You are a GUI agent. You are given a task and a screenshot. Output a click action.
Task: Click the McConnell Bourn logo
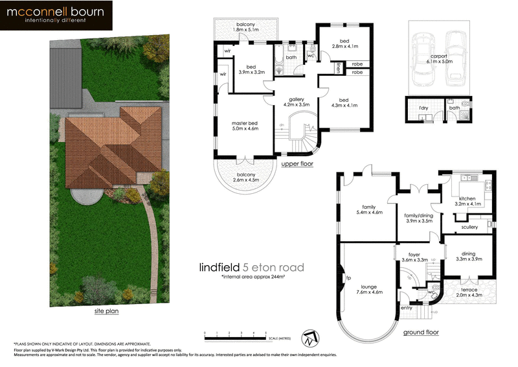[x=56, y=16]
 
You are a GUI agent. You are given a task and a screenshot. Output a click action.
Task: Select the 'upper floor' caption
[x=297, y=164]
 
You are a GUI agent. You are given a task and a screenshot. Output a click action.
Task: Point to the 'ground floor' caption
[x=421, y=332]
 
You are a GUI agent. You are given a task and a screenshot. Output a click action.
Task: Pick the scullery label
[x=469, y=227]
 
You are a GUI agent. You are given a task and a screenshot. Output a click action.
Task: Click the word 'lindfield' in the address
[x=220, y=267]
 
